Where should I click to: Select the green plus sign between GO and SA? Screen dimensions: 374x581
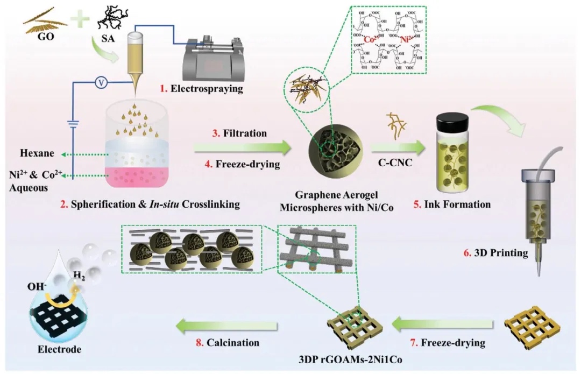pos(76,22)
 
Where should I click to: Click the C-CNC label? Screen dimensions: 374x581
pos(391,158)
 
